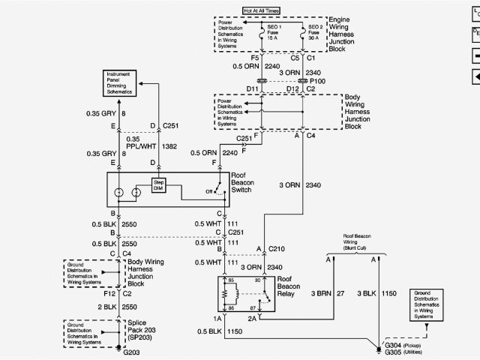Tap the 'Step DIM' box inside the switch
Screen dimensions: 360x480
159,185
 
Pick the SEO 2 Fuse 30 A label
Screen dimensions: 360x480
321,34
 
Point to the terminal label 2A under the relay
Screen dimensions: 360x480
251,318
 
